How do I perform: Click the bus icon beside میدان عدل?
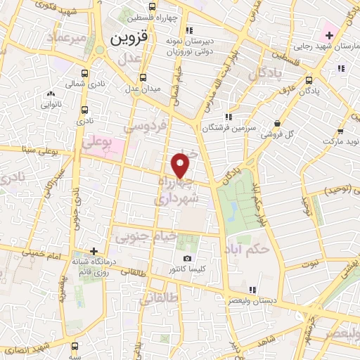(143, 77)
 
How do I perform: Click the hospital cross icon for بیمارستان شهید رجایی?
(329, 35)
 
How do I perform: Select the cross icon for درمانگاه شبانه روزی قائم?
(94, 251)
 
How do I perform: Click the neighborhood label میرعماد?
(66, 37)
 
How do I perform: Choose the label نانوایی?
(51, 103)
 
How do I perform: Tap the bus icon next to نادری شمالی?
(86, 72)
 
